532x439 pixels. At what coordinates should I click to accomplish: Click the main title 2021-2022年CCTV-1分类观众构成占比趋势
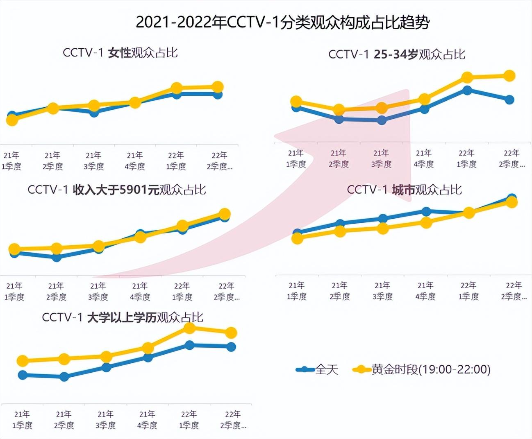(282, 22)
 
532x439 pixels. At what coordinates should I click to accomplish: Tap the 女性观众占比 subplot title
(120, 52)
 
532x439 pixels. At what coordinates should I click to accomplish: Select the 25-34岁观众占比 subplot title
(397, 54)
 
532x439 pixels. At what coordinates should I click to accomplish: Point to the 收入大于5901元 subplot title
(117, 190)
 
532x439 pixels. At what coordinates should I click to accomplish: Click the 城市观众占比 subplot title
(404, 190)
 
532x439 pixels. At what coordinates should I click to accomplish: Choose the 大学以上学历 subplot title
(123, 317)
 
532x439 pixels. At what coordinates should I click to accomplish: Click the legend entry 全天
(317, 369)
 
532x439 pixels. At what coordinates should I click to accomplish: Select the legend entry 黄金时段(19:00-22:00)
(422, 369)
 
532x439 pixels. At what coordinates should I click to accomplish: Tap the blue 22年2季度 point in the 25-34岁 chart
(509, 100)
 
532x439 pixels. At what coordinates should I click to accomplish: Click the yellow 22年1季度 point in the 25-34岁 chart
(467, 77)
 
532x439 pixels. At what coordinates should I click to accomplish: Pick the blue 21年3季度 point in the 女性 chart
(94, 112)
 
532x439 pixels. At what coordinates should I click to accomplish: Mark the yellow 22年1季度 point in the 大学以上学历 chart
(189, 328)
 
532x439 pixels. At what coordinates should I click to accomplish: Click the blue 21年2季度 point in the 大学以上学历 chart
(64, 377)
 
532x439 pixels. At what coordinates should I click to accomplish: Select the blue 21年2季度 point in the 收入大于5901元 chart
(57, 257)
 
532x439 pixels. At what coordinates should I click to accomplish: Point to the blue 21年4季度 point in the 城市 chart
(426, 211)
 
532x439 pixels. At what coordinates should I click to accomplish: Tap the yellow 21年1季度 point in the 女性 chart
(12, 120)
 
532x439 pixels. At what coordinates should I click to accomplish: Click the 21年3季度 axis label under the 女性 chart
(94, 161)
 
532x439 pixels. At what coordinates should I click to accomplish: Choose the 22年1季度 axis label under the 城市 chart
(468, 291)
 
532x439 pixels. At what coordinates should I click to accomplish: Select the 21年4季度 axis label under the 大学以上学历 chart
(147, 420)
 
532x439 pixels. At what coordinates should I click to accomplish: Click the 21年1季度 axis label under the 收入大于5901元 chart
(14, 292)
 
